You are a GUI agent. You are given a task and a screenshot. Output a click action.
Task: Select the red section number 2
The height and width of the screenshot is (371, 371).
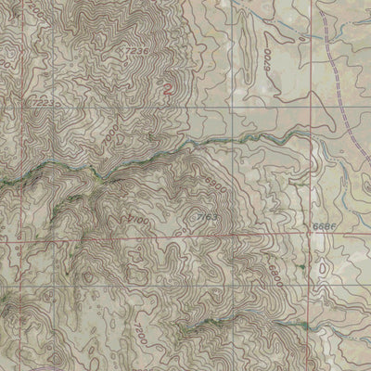click(x=167, y=90)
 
